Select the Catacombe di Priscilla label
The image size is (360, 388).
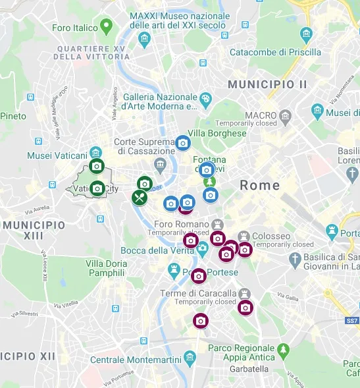click(x=275, y=52)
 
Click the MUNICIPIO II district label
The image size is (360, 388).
click(x=267, y=84)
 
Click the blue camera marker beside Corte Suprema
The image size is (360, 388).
click(x=182, y=142)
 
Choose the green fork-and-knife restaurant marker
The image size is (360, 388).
click(x=139, y=196)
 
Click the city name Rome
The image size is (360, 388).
click(x=260, y=185)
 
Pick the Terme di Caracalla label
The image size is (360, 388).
click(x=198, y=293)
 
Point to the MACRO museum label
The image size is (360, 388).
click(x=261, y=115)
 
